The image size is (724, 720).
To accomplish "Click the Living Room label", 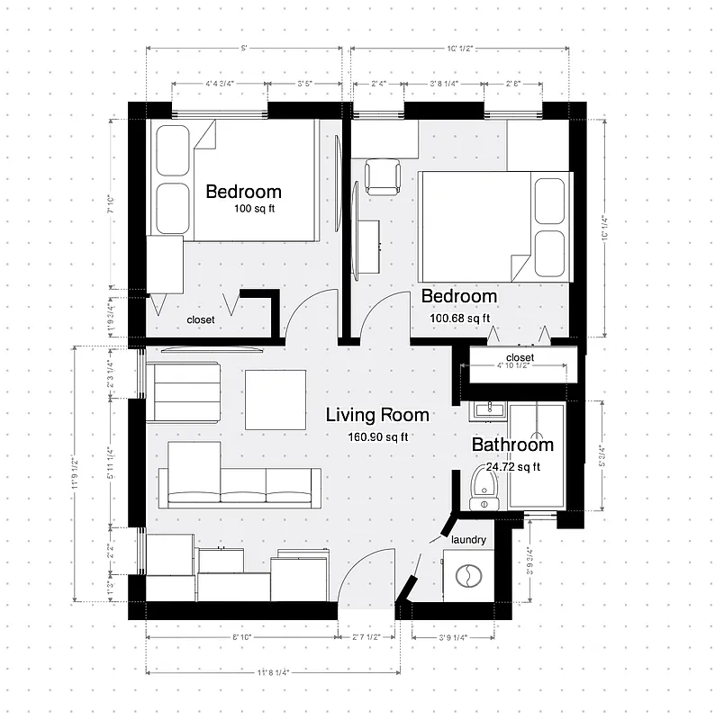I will (377, 416).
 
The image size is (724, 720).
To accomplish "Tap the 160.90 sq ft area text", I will (378, 437).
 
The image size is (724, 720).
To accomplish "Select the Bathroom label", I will (512, 445).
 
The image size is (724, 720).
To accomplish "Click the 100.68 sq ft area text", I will (459, 318).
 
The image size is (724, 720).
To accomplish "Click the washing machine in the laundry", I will (468, 576).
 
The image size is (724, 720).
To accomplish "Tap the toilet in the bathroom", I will (484, 490).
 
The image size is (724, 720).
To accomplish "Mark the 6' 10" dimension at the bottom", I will (240, 637).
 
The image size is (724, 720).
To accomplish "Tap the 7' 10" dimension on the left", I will (112, 205).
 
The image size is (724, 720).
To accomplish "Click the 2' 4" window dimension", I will (377, 85).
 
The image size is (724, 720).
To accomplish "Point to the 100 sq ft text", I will (256, 209).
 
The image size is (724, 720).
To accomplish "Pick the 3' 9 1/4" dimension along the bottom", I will (454, 637).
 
